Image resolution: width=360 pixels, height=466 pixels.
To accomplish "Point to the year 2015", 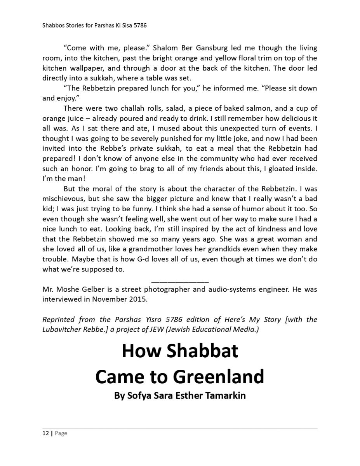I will tap(139, 299).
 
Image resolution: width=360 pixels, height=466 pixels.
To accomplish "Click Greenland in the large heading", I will tap(219, 376).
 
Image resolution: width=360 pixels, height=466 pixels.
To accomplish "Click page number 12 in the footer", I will tap(45, 433).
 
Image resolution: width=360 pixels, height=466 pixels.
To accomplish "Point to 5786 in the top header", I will tap(140, 26).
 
